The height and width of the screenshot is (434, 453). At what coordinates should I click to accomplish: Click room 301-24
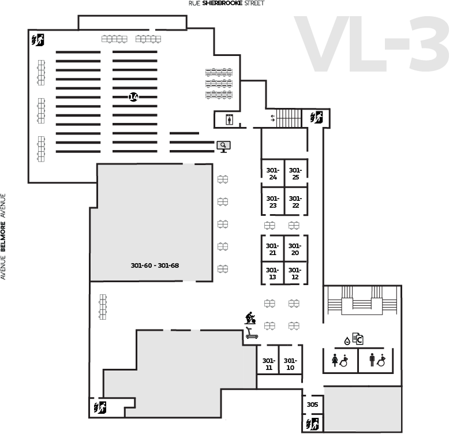click(273, 173)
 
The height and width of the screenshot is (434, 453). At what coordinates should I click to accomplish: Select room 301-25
click(295, 173)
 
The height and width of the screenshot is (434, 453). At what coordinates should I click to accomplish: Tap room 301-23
click(273, 201)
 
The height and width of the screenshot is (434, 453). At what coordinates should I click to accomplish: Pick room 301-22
click(295, 201)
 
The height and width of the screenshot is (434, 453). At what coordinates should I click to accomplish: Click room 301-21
click(272, 249)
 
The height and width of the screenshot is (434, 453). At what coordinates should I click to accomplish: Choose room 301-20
click(295, 249)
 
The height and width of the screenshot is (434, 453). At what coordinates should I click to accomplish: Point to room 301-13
click(272, 273)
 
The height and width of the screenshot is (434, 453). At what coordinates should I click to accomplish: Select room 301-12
click(295, 273)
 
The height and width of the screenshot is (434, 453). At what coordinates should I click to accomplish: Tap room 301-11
click(268, 364)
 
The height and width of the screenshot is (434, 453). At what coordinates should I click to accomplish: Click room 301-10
click(290, 364)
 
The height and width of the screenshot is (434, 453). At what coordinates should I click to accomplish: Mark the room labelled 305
click(312, 405)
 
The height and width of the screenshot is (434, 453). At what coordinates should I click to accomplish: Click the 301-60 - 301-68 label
click(155, 265)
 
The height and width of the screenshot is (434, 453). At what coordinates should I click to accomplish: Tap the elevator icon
click(230, 119)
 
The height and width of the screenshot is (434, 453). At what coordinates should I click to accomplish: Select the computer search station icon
click(223, 147)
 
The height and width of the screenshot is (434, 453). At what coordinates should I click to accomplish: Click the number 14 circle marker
click(133, 97)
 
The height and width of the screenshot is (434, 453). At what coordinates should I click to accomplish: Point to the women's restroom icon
click(335, 360)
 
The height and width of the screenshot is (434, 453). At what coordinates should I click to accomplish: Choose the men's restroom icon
click(372, 360)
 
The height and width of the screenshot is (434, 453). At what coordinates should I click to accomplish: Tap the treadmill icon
click(252, 333)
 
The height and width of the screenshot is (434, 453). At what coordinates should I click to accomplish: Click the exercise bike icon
click(250, 318)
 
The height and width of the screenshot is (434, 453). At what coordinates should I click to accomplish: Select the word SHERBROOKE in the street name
click(222, 3)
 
